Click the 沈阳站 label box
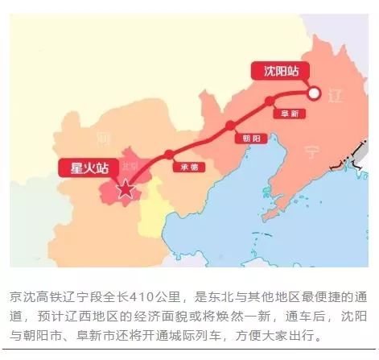coord(281,71)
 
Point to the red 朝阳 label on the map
coord(241,137)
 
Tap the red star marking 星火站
coord(125,190)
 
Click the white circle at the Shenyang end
coord(316,93)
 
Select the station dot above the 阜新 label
coord(270,101)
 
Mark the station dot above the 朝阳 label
coord(231,125)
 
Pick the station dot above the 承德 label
coord(169,154)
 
